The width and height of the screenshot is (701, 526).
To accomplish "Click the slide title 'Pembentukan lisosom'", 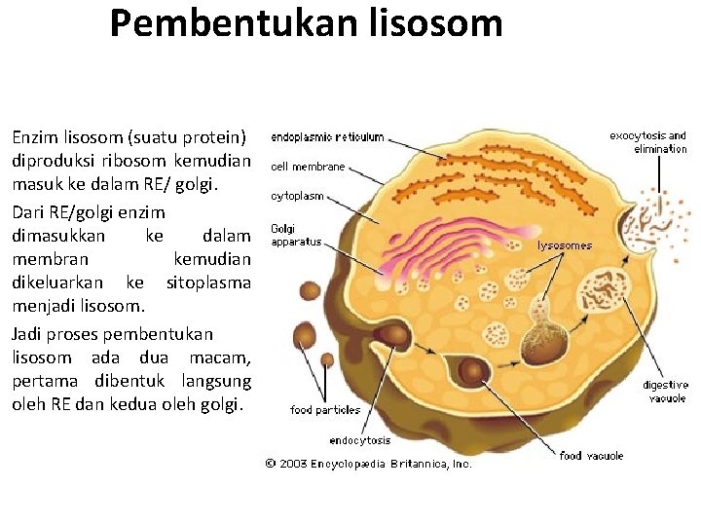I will (x=306, y=23).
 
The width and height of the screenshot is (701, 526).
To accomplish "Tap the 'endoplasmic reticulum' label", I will (x=327, y=137).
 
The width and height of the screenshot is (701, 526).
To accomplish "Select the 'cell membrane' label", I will (x=308, y=167).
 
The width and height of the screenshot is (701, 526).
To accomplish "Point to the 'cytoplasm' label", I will (x=297, y=196).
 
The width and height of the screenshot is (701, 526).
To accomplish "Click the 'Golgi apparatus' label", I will (x=295, y=236).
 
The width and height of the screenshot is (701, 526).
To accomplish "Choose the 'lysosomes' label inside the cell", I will (x=565, y=245).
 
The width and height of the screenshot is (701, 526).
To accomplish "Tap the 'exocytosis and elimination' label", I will (x=647, y=142).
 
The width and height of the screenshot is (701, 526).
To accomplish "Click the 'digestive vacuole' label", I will (x=664, y=392).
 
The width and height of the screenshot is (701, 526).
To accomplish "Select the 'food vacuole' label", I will (x=591, y=455).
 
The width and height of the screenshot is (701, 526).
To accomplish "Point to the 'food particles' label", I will (x=325, y=410).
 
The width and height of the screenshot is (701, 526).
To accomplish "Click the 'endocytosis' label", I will (x=360, y=440).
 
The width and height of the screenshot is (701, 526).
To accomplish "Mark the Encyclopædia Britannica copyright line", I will (x=369, y=464).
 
